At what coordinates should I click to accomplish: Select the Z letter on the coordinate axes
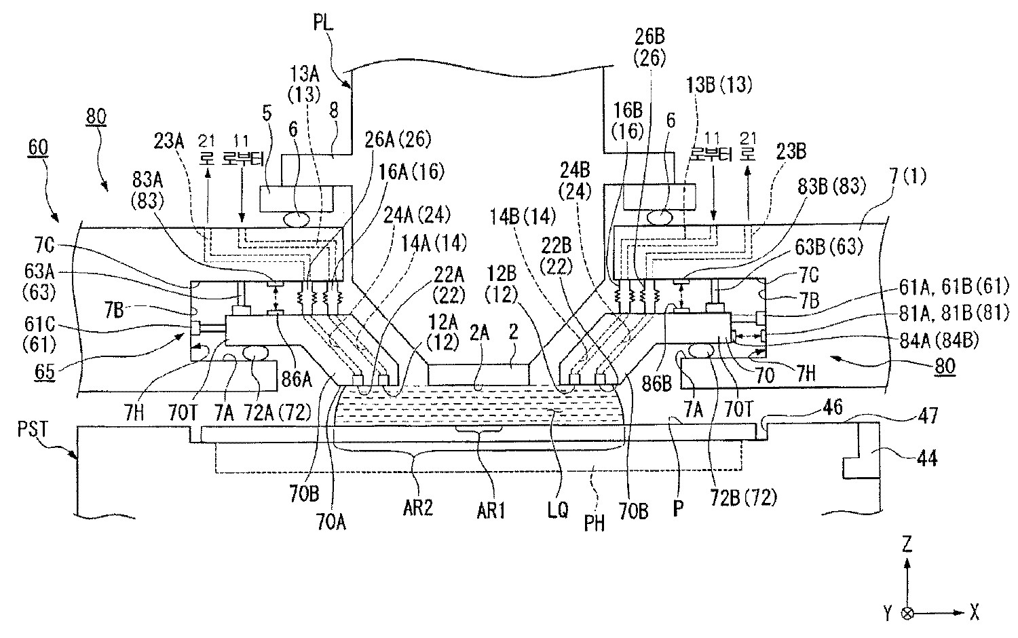click(x=907, y=544)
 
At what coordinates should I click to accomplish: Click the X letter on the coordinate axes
click(x=974, y=612)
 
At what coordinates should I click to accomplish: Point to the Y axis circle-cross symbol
click(x=907, y=612)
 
